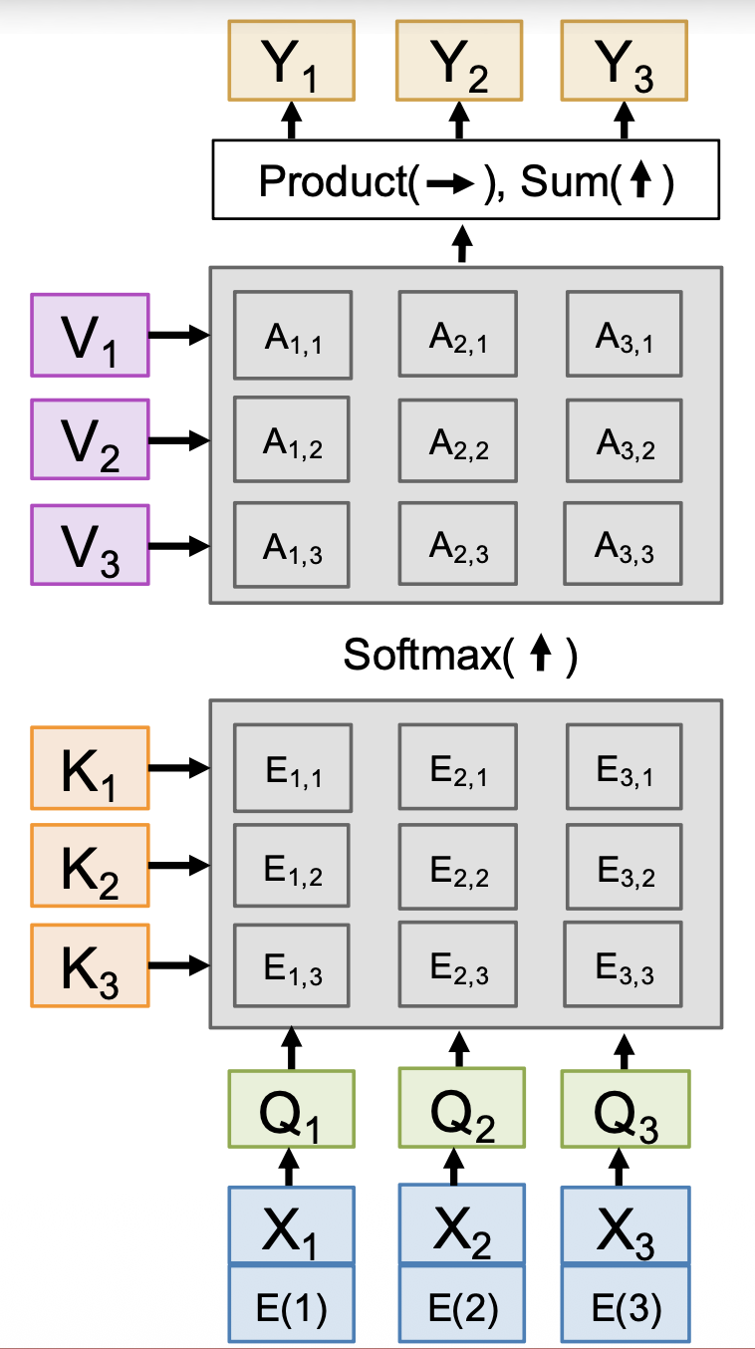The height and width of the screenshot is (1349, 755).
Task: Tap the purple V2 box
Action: pyautogui.click(x=90, y=439)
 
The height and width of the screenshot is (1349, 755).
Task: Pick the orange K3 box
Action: pyautogui.click(x=90, y=965)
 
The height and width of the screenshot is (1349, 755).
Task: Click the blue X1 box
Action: pyautogui.click(x=291, y=1226)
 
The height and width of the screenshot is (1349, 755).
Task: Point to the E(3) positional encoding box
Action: pyautogui.click(x=625, y=1304)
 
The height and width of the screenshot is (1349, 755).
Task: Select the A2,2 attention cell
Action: pyautogui.click(x=458, y=441)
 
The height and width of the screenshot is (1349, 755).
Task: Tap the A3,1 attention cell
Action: pyautogui.click(x=625, y=336)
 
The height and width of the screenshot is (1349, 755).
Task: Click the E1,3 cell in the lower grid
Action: pyautogui.click(x=292, y=965)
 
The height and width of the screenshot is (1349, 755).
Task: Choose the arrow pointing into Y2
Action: pyautogui.click(x=459, y=121)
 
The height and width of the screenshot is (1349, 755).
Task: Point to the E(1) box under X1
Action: pyautogui.click(x=291, y=1304)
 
